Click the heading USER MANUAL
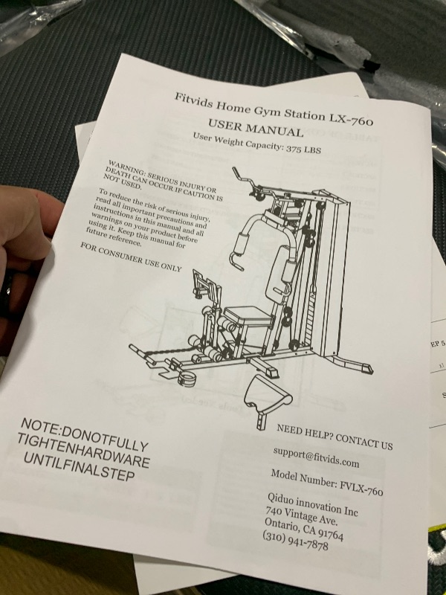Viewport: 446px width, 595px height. (256, 128)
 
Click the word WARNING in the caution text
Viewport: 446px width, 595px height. (126, 167)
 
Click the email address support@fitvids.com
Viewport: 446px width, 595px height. (316, 457)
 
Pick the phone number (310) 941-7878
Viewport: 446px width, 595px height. (295, 540)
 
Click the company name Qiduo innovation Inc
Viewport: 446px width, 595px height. (312, 504)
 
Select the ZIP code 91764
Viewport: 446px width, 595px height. (331, 533)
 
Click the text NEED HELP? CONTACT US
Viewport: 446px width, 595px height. (334, 437)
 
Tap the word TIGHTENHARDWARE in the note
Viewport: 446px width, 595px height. (83, 451)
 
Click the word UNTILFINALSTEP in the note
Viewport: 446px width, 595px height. (80, 467)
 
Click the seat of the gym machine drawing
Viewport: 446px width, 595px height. (248, 315)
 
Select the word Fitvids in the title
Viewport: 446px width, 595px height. (193, 101)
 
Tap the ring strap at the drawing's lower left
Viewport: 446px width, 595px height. (188, 379)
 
